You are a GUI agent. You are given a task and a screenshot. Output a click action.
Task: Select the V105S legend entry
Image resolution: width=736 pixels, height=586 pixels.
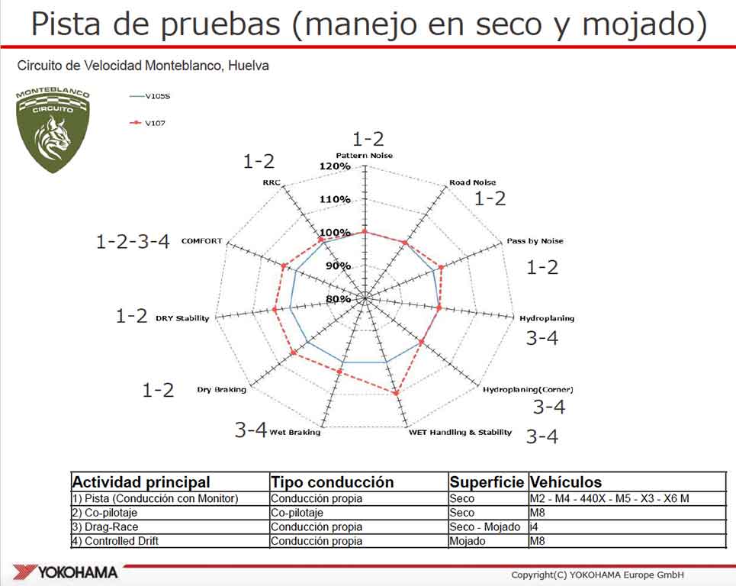pyautogui.click(x=149, y=96)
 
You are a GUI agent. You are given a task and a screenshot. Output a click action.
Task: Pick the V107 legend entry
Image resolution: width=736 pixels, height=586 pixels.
pyautogui.click(x=147, y=123)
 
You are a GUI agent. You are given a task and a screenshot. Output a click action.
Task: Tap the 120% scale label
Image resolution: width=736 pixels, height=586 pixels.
pyautogui.click(x=335, y=166)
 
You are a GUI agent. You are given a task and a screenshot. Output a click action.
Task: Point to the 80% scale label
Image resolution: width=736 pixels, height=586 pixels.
pyautogui.click(x=338, y=299)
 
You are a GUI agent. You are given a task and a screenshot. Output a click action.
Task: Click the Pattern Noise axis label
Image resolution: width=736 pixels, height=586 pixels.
pyautogui.click(x=365, y=156)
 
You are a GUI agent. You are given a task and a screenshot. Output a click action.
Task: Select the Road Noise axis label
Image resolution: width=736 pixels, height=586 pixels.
pyautogui.click(x=472, y=182)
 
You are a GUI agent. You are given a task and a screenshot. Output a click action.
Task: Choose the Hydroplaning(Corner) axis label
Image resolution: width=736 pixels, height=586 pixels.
pyautogui.click(x=528, y=389)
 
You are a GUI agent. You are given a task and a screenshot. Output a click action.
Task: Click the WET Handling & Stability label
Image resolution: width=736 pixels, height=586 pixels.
pyautogui.click(x=460, y=432)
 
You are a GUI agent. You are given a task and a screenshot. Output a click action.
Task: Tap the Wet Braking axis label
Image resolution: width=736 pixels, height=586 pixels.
pyautogui.click(x=294, y=432)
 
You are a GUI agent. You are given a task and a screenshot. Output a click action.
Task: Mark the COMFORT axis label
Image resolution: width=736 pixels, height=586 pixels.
pyautogui.click(x=201, y=241)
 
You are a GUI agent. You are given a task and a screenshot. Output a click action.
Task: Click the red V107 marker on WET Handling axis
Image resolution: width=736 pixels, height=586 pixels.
pyautogui.click(x=396, y=393)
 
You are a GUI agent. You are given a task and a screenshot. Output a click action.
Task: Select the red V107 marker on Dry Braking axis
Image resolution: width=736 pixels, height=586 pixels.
pyautogui.click(x=294, y=353)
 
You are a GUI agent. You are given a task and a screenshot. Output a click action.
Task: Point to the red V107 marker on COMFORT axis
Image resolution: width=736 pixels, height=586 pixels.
pyautogui.click(x=284, y=266)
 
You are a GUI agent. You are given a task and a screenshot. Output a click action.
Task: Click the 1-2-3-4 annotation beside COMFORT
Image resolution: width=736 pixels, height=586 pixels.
pyautogui.click(x=133, y=241)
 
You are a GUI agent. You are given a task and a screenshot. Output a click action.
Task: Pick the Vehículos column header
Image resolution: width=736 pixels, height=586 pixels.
pyautogui.click(x=566, y=482)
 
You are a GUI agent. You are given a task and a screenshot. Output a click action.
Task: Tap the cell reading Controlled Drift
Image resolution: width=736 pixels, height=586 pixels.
pyautogui.click(x=115, y=541)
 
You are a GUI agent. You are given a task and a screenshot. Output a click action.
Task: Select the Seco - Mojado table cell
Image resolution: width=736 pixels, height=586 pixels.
pyautogui.click(x=484, y=526)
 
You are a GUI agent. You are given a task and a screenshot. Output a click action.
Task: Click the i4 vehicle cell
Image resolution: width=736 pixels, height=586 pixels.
pyautogui.click(x=534, y=526)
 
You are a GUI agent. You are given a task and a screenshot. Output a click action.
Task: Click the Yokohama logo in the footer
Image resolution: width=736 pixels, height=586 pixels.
pyautogui.click(x=66, y=572)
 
